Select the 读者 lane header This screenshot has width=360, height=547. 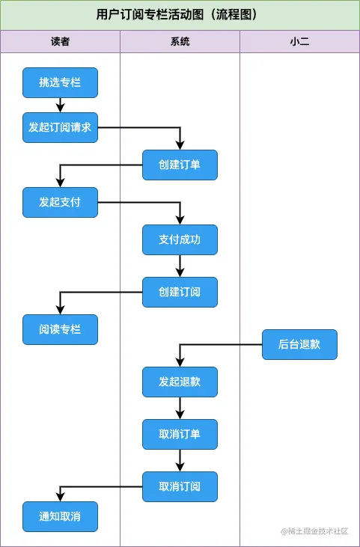(60, 42)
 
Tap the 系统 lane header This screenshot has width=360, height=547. (180, 42)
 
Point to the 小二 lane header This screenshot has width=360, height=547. (299, 42)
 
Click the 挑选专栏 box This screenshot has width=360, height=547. (60, 82)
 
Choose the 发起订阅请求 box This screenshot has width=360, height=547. (60, 127)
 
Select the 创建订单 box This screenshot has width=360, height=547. (180, 165)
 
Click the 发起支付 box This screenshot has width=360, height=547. (60, 202)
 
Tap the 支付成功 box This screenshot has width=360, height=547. (180, 239)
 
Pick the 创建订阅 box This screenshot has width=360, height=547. (180, 292)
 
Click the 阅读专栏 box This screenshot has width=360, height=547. (60, 329)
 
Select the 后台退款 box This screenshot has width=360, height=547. (299, 344)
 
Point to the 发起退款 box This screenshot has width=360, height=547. (180, 382)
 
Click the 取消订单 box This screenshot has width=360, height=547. (180, 434)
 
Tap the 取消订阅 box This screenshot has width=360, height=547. (180, 486)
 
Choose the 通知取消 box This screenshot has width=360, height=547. (60, 516)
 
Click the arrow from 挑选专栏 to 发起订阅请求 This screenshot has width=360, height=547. (60, 105)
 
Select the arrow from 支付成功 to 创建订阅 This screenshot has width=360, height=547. (180, 266)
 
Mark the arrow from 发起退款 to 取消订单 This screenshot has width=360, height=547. (180, 408)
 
